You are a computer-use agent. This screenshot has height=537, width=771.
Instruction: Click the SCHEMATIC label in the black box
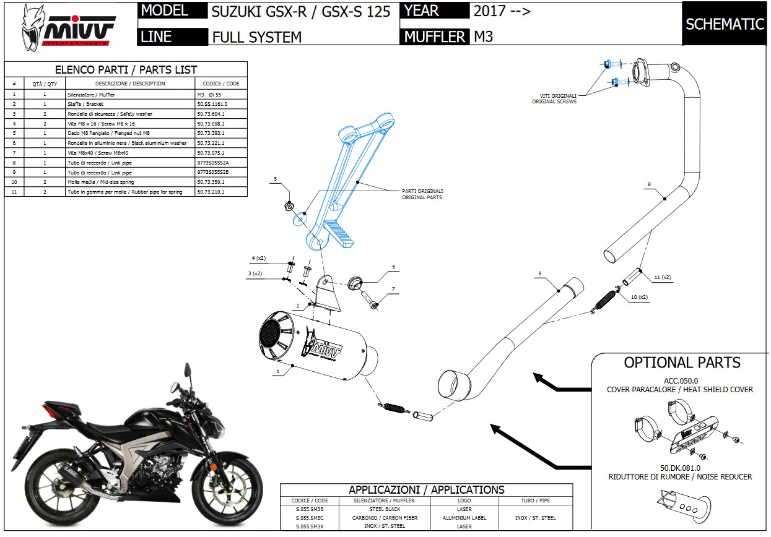[x=725, y=24]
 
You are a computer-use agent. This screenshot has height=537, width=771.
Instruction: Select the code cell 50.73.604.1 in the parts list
[x=211, y=114]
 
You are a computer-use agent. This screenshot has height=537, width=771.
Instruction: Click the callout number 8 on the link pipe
[x=649, y=184]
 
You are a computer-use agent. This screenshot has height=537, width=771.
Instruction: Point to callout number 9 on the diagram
[x=540, y=273]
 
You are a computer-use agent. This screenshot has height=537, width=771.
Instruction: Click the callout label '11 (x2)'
[x=662, y=277]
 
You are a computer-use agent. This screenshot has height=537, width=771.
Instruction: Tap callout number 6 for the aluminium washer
[x=393, y=267]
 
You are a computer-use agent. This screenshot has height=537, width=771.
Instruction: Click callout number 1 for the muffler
[x=278, y=371]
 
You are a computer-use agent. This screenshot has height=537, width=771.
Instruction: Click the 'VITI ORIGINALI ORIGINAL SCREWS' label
[x=554, y=98]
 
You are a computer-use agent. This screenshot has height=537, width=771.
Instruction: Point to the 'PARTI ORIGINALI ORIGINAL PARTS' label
[x=422, y=194]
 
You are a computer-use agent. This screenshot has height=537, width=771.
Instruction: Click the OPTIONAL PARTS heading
[x=682, y=363]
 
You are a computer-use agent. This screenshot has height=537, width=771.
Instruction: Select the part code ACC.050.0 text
[x=679, y=380]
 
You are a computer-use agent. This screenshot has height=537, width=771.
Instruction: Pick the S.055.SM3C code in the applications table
[x=310, y=518]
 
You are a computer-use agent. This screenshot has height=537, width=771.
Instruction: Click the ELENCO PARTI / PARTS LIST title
[x=126, y=70]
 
